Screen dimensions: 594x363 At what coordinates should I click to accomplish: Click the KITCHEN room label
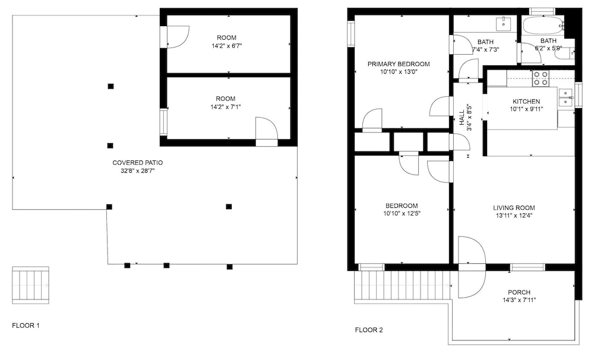coord(526,101)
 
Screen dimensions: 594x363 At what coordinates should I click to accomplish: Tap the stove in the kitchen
coord(541,78)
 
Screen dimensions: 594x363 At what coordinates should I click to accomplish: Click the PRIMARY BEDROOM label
coord(399,64)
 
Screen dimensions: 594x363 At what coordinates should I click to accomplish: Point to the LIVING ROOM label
coord(514,208)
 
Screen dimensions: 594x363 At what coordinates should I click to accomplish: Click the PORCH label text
coord(519,292)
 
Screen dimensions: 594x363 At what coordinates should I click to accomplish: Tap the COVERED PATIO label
coord(138,163)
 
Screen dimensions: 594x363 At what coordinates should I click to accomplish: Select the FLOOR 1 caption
coord(26,326)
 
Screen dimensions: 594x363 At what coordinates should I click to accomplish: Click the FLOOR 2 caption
coord(369,330)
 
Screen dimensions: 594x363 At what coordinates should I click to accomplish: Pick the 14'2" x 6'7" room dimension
coord(226,46)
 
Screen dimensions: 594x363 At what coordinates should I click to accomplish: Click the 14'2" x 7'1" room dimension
coord(225,107)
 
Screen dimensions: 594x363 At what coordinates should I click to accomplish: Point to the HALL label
coord(462,118)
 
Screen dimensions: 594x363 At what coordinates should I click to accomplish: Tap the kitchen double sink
coord(565,97)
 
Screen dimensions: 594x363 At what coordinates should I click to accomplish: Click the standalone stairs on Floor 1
coord(31,285)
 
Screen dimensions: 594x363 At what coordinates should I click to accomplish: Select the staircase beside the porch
coord(402,285)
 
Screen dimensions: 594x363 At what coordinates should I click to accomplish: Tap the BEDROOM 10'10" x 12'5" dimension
coord(402,213)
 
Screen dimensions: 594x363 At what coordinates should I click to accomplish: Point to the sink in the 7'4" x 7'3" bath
coord(504,23)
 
